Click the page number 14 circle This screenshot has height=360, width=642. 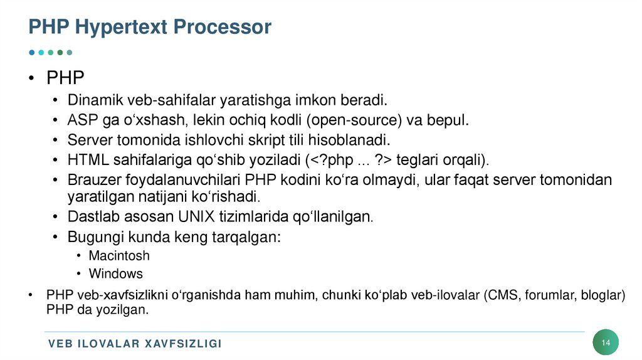coord(606,342)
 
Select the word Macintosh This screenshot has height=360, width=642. coord(119,256)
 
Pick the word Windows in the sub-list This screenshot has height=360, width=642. coord(116,273)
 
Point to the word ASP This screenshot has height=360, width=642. coord(82,120)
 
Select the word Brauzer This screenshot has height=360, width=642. coord(90,180)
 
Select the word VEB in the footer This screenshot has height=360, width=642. coord(60,344)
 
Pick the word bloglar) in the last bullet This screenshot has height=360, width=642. coord(603,295)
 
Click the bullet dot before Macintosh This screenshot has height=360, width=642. coord(78,256)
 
